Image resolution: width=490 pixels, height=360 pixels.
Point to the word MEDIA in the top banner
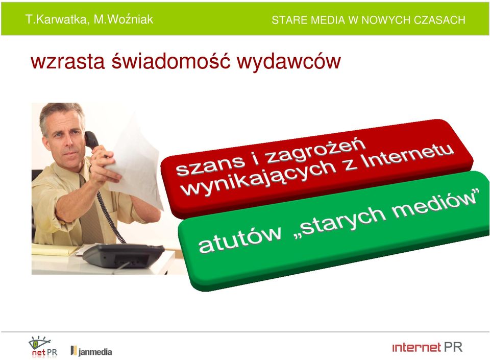click(x=328, y=20)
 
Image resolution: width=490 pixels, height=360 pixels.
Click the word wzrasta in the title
click(x=67, y=61)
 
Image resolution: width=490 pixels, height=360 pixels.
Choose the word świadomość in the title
click(x=171, y=61)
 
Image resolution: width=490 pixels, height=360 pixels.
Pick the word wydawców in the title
click(x=289, y=62)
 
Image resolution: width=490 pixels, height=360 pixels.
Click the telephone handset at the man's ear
click(x=91, y=140)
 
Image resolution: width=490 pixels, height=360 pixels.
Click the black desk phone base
click(x=123, y=255)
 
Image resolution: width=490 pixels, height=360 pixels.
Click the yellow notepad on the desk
click(x=55, y=250)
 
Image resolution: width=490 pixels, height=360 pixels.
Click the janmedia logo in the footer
click(x=91, y=351)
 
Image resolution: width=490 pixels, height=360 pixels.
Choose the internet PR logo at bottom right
click(x=427, y=347)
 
